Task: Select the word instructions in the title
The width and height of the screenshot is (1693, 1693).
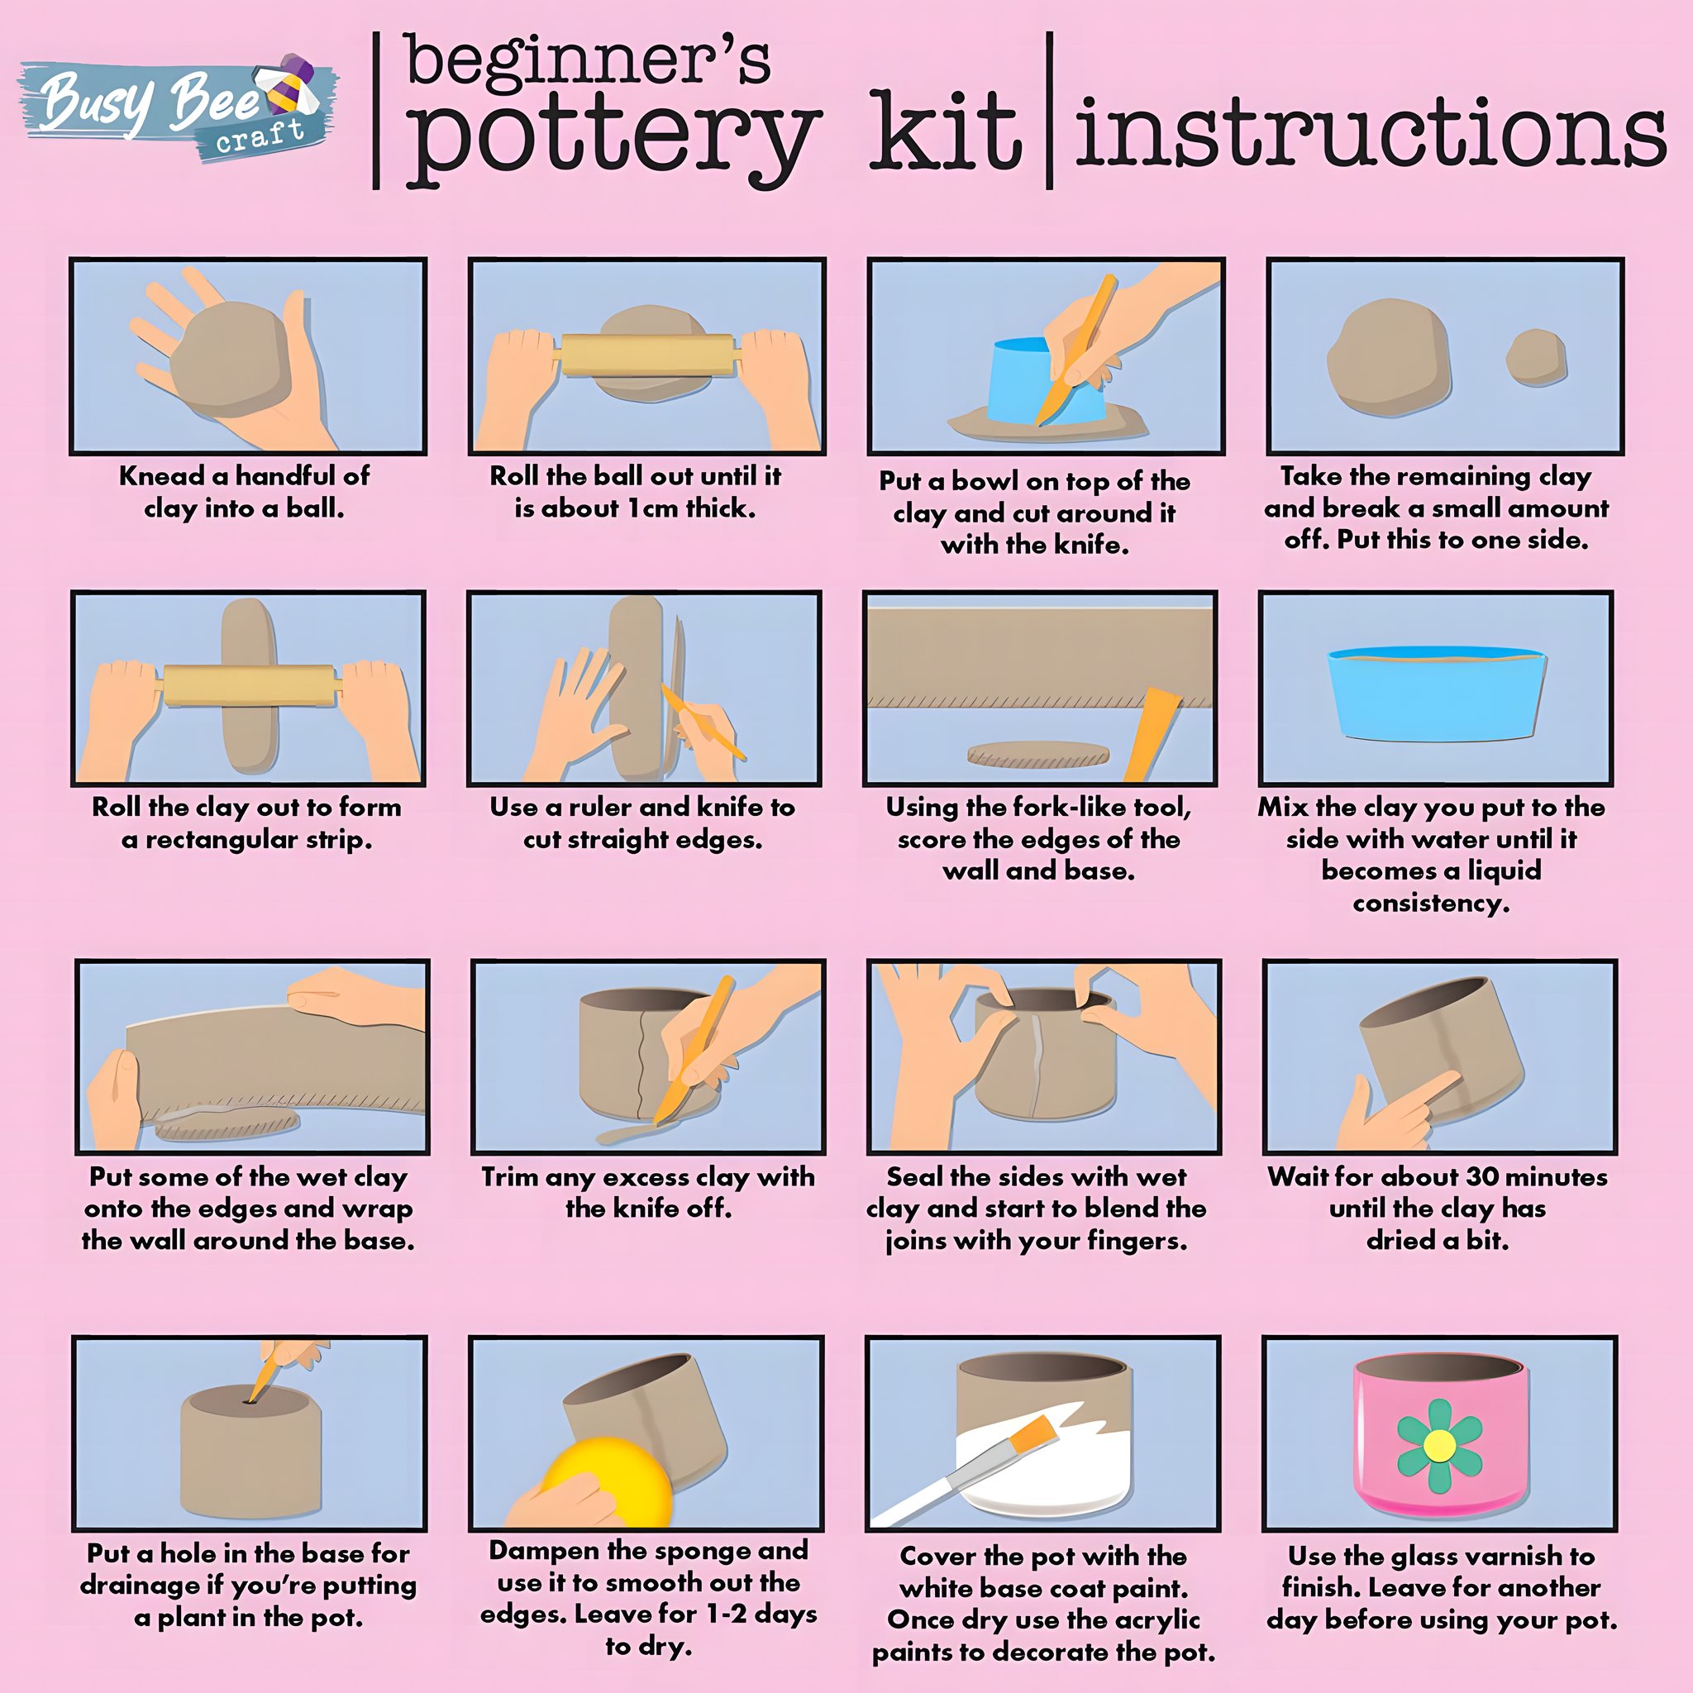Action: coord(1371,131)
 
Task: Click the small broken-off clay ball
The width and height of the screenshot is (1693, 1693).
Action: coord(1536,356)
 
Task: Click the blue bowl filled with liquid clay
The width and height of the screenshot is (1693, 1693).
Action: coord(1435,693)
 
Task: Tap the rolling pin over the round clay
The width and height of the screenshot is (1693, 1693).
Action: coord(646,355)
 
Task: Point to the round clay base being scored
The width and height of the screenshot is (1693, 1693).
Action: coord(1037,754)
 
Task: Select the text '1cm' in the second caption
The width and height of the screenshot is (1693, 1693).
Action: coord(653,508)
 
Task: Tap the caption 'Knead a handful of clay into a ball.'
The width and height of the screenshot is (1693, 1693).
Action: coord(245,492)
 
